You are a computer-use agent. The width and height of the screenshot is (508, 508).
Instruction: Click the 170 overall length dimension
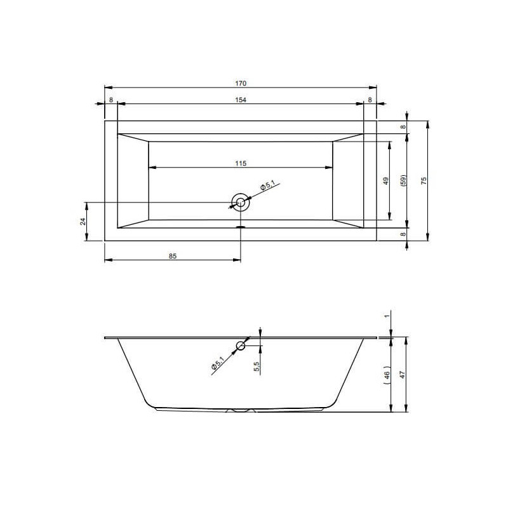point(241,83)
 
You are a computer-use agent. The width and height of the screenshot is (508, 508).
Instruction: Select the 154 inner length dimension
point(241,100)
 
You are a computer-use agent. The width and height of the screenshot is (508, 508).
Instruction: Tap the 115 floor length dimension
point(241,163)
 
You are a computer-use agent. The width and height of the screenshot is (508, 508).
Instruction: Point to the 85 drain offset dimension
point(173,256)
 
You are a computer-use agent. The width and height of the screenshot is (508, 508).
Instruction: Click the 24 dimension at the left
point(83,222)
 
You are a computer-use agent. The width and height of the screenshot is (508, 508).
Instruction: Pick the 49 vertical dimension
point(385,181)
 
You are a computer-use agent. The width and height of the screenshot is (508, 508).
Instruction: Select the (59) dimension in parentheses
point(403,180)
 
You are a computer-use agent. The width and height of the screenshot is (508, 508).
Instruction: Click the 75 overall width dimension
point(424,181)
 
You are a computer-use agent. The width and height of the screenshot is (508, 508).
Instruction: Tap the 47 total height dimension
point(403,375)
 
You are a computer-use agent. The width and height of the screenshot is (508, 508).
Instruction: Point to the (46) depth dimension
point(387,375)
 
